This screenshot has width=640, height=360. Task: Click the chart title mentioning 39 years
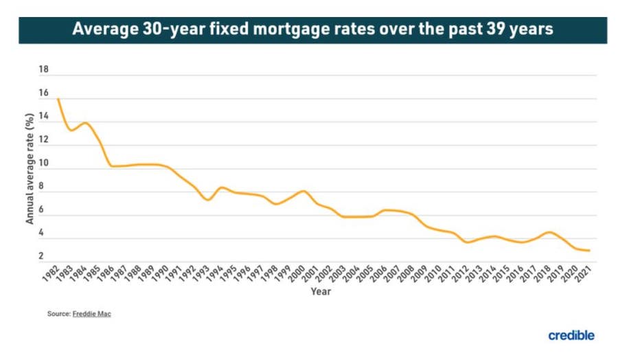point(312,30)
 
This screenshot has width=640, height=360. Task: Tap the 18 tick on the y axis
point(44,70)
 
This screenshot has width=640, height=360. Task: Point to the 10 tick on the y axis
point(44,164)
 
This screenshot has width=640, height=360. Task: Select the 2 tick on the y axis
point(41,257)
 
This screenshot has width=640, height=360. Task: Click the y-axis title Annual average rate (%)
point(30,170)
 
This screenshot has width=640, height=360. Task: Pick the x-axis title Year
point(321,292)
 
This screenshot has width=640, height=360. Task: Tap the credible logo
point(571,335)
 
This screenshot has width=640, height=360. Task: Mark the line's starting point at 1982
point(58,99)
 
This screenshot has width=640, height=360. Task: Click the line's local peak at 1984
point(85,123)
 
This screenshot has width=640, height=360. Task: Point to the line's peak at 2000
point(303,191)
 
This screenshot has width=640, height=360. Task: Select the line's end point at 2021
point(588,251)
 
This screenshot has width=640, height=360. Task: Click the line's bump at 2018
point(548,232)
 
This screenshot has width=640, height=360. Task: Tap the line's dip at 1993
point(207,199)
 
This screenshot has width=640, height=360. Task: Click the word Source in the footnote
point(58,314)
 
